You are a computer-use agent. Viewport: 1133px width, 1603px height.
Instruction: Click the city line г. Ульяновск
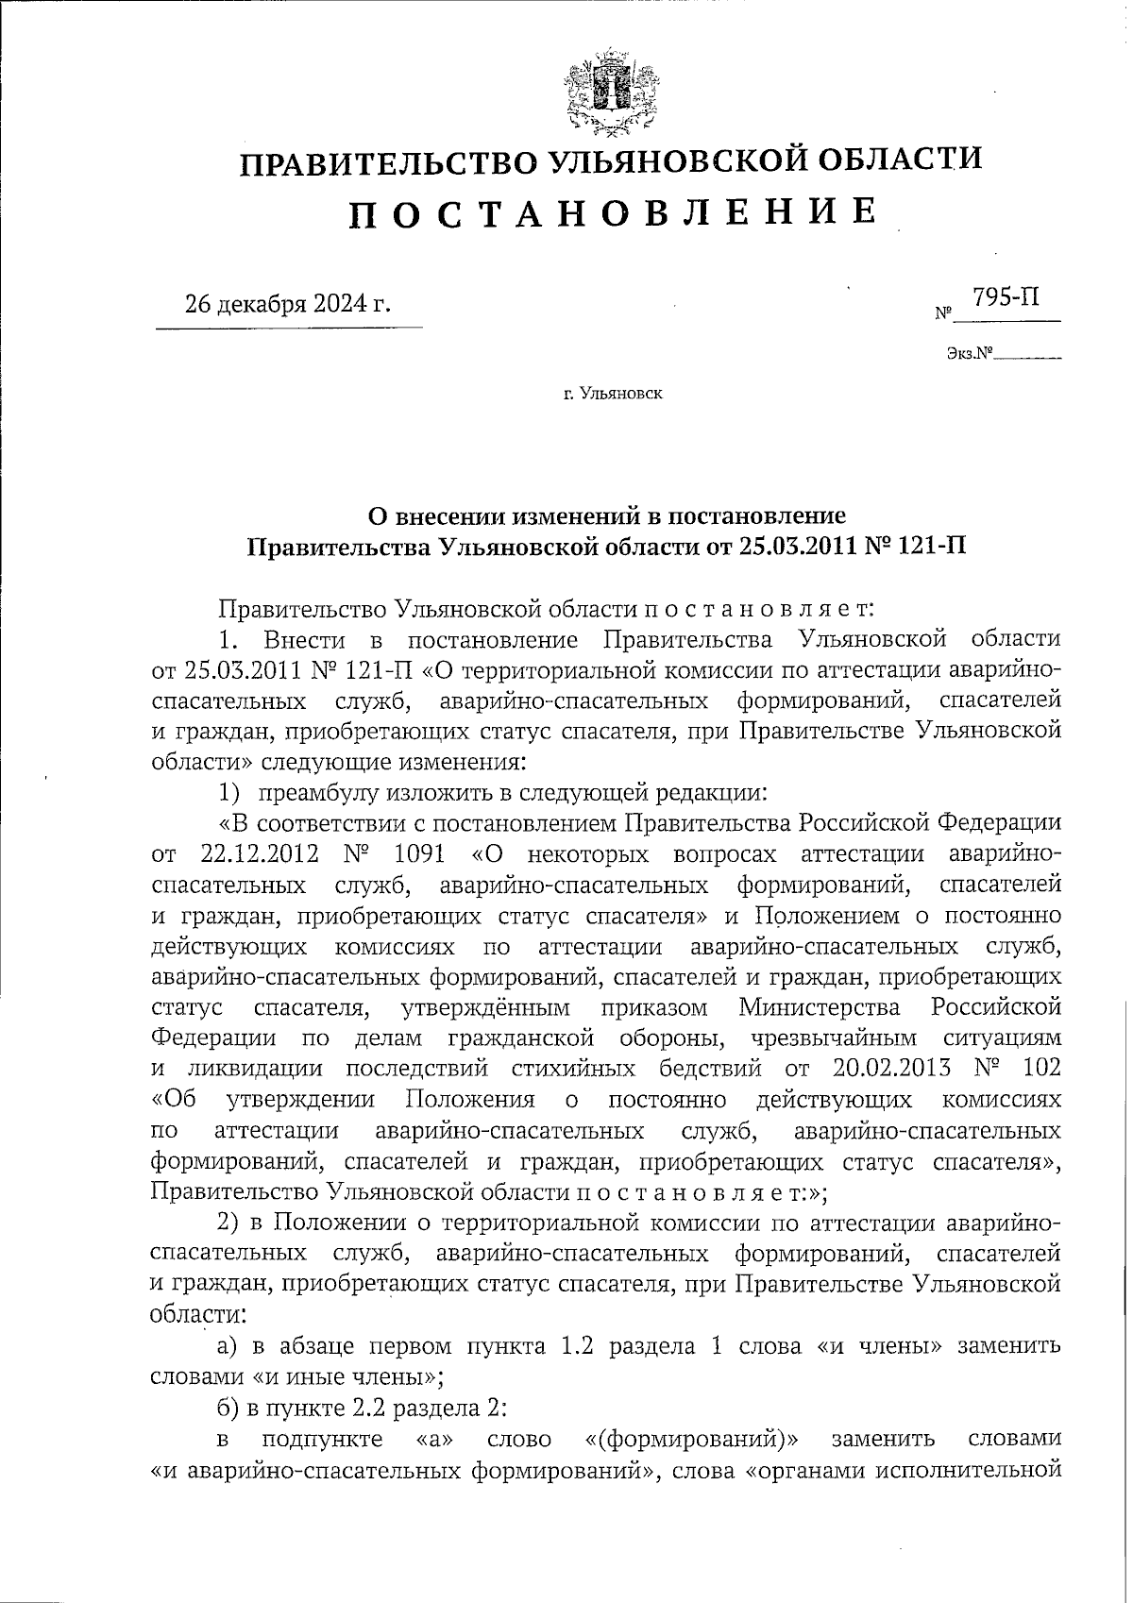(x=613, y=393)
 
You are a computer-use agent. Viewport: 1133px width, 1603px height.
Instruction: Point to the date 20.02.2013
(x=891, y=1068)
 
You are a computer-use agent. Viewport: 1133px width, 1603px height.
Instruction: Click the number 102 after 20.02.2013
(x=1040, y=1068)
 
